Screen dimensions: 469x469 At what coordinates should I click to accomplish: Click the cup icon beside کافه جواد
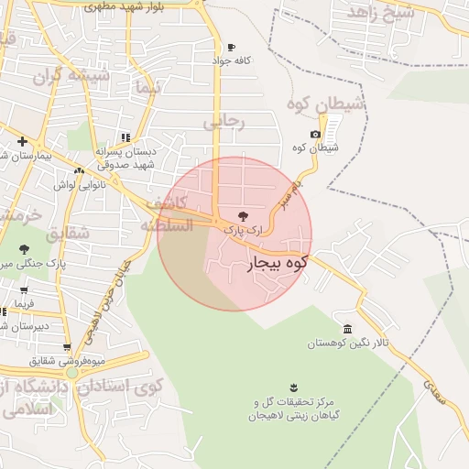[231, 48]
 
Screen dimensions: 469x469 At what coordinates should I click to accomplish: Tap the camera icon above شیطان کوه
[315, 135]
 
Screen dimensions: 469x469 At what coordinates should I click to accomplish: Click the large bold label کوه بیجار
[276, 264]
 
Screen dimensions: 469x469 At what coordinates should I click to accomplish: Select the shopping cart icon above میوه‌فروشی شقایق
[67, 347]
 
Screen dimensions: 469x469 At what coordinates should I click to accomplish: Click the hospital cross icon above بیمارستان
[21, 141]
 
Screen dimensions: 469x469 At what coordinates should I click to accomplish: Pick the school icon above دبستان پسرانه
[125, 138]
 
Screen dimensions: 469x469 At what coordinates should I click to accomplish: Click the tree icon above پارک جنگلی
[24, 249]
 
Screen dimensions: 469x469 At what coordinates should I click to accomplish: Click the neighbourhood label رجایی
[224, 120]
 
